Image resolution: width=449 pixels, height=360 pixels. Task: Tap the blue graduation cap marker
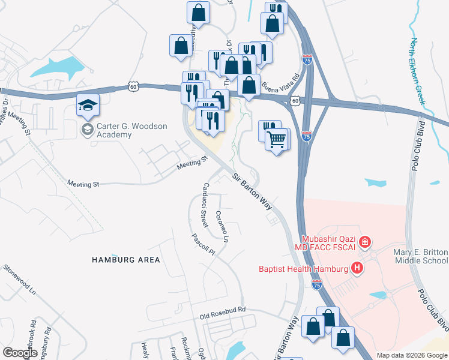pos(87,106)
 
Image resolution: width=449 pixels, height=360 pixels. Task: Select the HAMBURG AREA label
pos(126,260)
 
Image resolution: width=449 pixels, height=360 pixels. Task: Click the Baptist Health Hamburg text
pos(304,269)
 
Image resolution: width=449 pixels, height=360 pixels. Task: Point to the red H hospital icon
pos(358,268)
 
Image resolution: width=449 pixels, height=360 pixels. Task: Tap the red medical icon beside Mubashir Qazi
pos(366,242)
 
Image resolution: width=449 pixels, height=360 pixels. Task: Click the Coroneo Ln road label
pos(223,227)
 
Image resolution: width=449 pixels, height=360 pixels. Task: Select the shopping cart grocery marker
pos(276,140)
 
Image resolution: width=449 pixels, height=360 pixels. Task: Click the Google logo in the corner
pos(20,353)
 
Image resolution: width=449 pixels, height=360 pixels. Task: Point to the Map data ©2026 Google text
pos(411,355)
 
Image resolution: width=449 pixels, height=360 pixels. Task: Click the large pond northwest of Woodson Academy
pos(57,68)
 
